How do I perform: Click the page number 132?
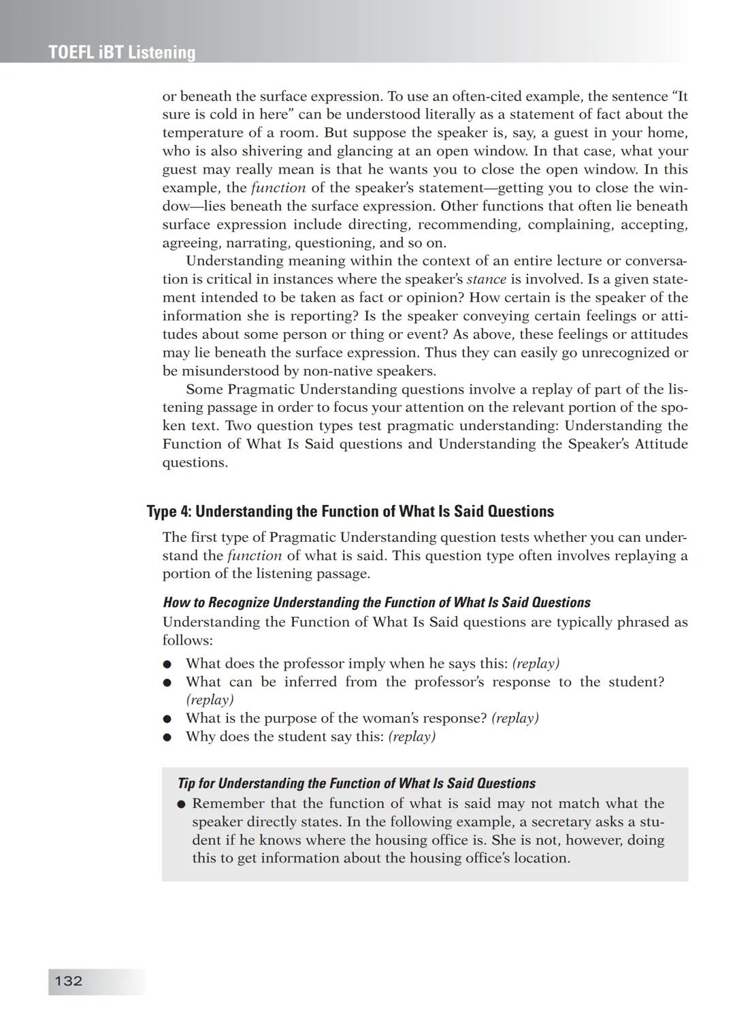coord(68,981)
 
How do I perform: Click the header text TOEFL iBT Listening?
coord(122,52)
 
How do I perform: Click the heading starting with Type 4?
coord(350,511)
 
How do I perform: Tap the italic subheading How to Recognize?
coord(376,602)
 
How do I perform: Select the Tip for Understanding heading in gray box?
coord(356,783)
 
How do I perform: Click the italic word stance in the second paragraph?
coord(486,279)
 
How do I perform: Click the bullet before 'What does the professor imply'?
coord(167,664)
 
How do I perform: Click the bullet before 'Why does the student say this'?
coord(167,737)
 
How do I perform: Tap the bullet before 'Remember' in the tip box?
coord(182,804)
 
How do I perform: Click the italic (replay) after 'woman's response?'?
coord(514,718)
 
